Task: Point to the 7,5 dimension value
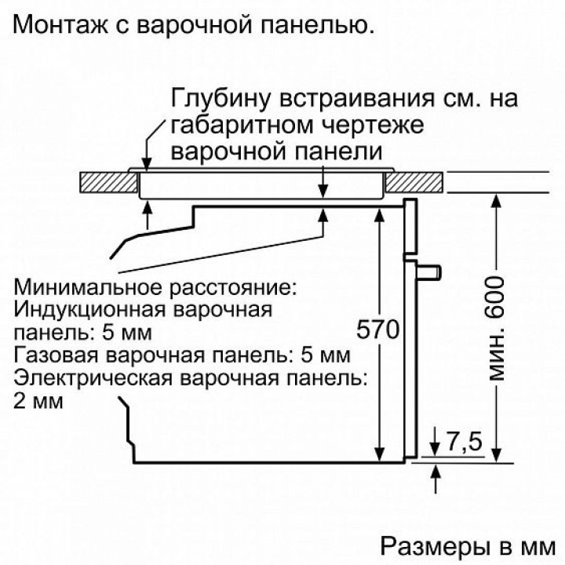click(464, 443)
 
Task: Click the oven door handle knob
click(428, 271)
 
